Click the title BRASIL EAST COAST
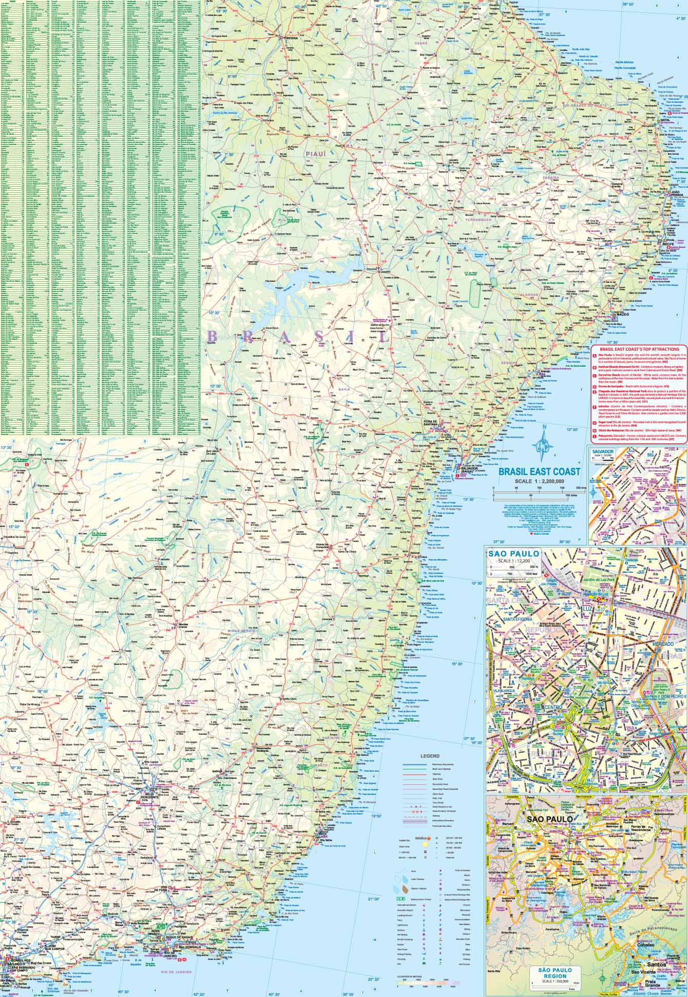536,471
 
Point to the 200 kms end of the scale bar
578,487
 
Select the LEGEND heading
429,756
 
